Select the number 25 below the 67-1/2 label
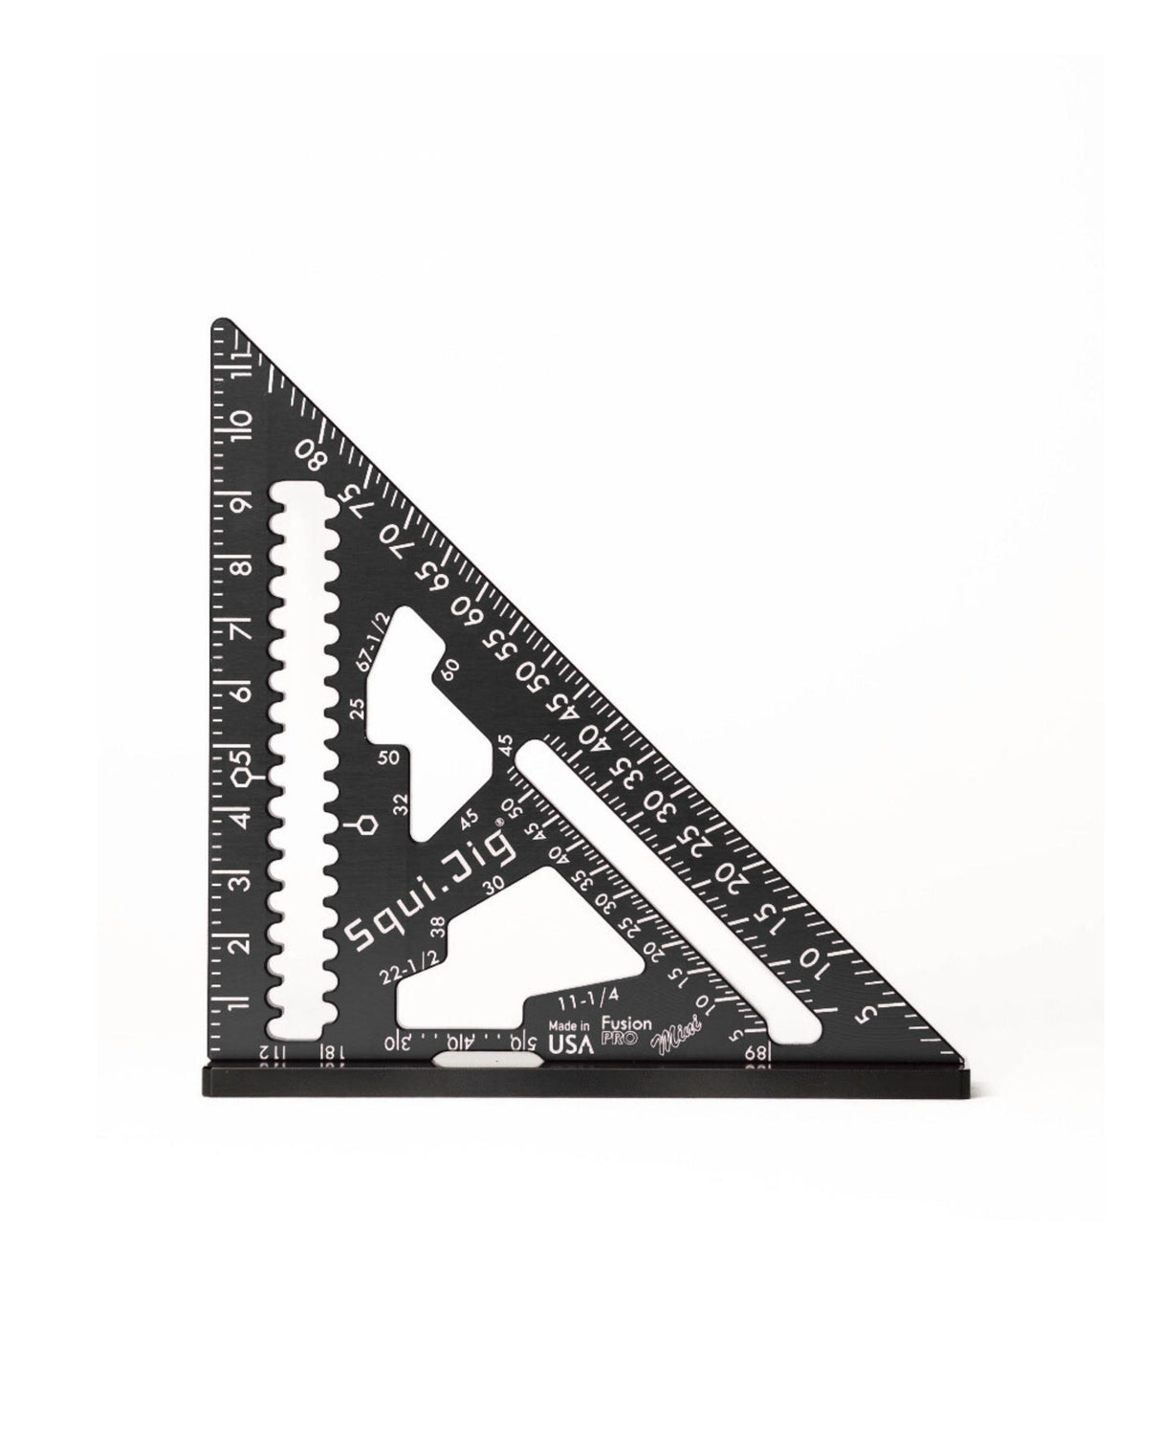[358, 709]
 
